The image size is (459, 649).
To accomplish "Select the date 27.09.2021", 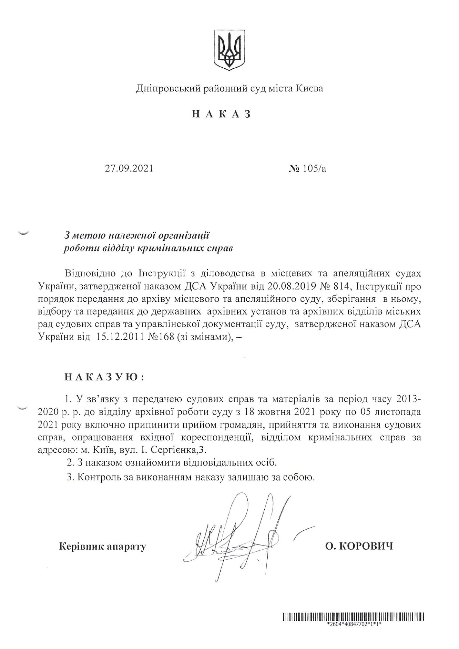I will pos(129,169).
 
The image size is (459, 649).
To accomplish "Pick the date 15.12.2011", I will pos(119,337).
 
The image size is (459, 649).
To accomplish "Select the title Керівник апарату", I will pos(103,546).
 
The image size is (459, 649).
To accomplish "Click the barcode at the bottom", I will pos(353,616).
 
